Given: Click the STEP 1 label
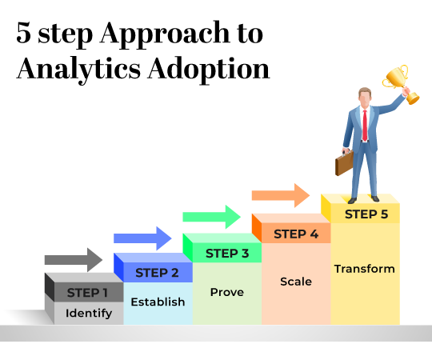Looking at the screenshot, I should [x=88, y=292].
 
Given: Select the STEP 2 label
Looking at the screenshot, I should [x=157, y=273].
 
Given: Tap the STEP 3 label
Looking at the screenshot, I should [x=227, y=254].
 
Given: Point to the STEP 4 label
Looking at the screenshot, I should [x=296, y=234].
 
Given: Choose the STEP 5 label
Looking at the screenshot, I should [x=366, y=214].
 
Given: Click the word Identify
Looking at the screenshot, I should [x=88, y=313].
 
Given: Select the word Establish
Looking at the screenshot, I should [x=158, y=302].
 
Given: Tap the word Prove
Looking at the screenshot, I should [x=226, y=292].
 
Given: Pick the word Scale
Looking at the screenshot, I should [x=296, y=282].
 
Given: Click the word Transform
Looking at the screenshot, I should [x=364, y=269].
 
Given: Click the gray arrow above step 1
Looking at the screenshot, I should [x=73, y=259].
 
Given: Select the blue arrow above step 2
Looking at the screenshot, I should [x=142, y=238].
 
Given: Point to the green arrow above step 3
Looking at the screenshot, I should [x=211, y=217].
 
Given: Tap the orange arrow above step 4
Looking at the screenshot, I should [x=280, y=195].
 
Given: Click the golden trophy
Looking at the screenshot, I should [x=397, y=80].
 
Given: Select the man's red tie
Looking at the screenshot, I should [x=365, y=125].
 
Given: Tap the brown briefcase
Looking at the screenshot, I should [x=344, y=163].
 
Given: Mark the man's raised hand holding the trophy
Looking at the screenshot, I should [x=407, y=97].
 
